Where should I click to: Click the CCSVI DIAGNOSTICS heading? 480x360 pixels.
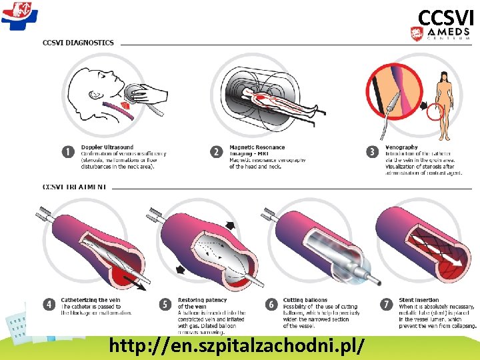coord(78,43)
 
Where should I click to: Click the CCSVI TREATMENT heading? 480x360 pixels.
coord(74,187)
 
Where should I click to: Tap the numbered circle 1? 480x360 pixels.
coord(67,152)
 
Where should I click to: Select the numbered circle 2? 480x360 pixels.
coord(216,152)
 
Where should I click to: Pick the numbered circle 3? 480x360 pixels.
coord(373,152)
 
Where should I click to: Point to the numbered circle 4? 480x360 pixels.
coord(49,305)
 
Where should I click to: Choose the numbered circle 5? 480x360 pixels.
coord(166,305)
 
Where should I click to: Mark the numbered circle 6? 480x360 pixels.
coord(271,305)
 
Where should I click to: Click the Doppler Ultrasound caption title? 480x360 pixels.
coord(107,147)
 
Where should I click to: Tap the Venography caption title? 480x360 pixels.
coord(401,147)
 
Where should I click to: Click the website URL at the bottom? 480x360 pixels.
coord(237,346)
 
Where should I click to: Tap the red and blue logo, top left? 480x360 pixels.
coord(19,15)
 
